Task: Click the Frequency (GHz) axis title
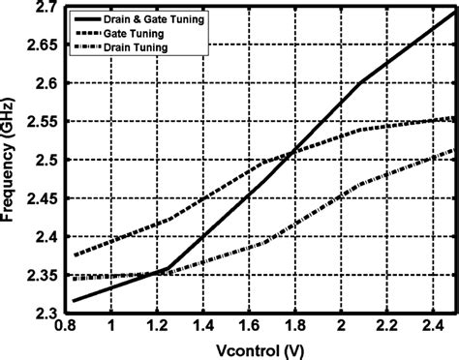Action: point(12,161)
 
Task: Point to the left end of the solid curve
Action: point(74,301)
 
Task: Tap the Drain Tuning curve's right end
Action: point(453,151)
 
